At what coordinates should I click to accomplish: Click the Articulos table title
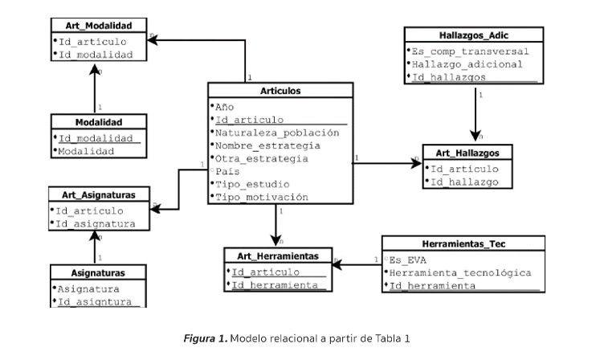280,91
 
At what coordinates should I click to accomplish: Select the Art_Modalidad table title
99,26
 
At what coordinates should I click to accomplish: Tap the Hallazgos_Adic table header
474,36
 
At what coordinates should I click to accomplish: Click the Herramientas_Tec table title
463,243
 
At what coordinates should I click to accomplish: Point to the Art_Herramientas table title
277,256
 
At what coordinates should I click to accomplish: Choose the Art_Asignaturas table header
99,194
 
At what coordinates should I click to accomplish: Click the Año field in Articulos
224,106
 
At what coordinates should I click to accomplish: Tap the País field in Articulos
228,171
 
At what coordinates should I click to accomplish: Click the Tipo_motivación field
261,197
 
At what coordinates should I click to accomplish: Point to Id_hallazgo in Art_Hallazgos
464,182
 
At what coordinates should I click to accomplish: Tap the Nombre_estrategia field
267,145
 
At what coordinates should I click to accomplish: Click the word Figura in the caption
198,338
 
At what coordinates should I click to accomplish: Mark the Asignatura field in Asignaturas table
88,288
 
